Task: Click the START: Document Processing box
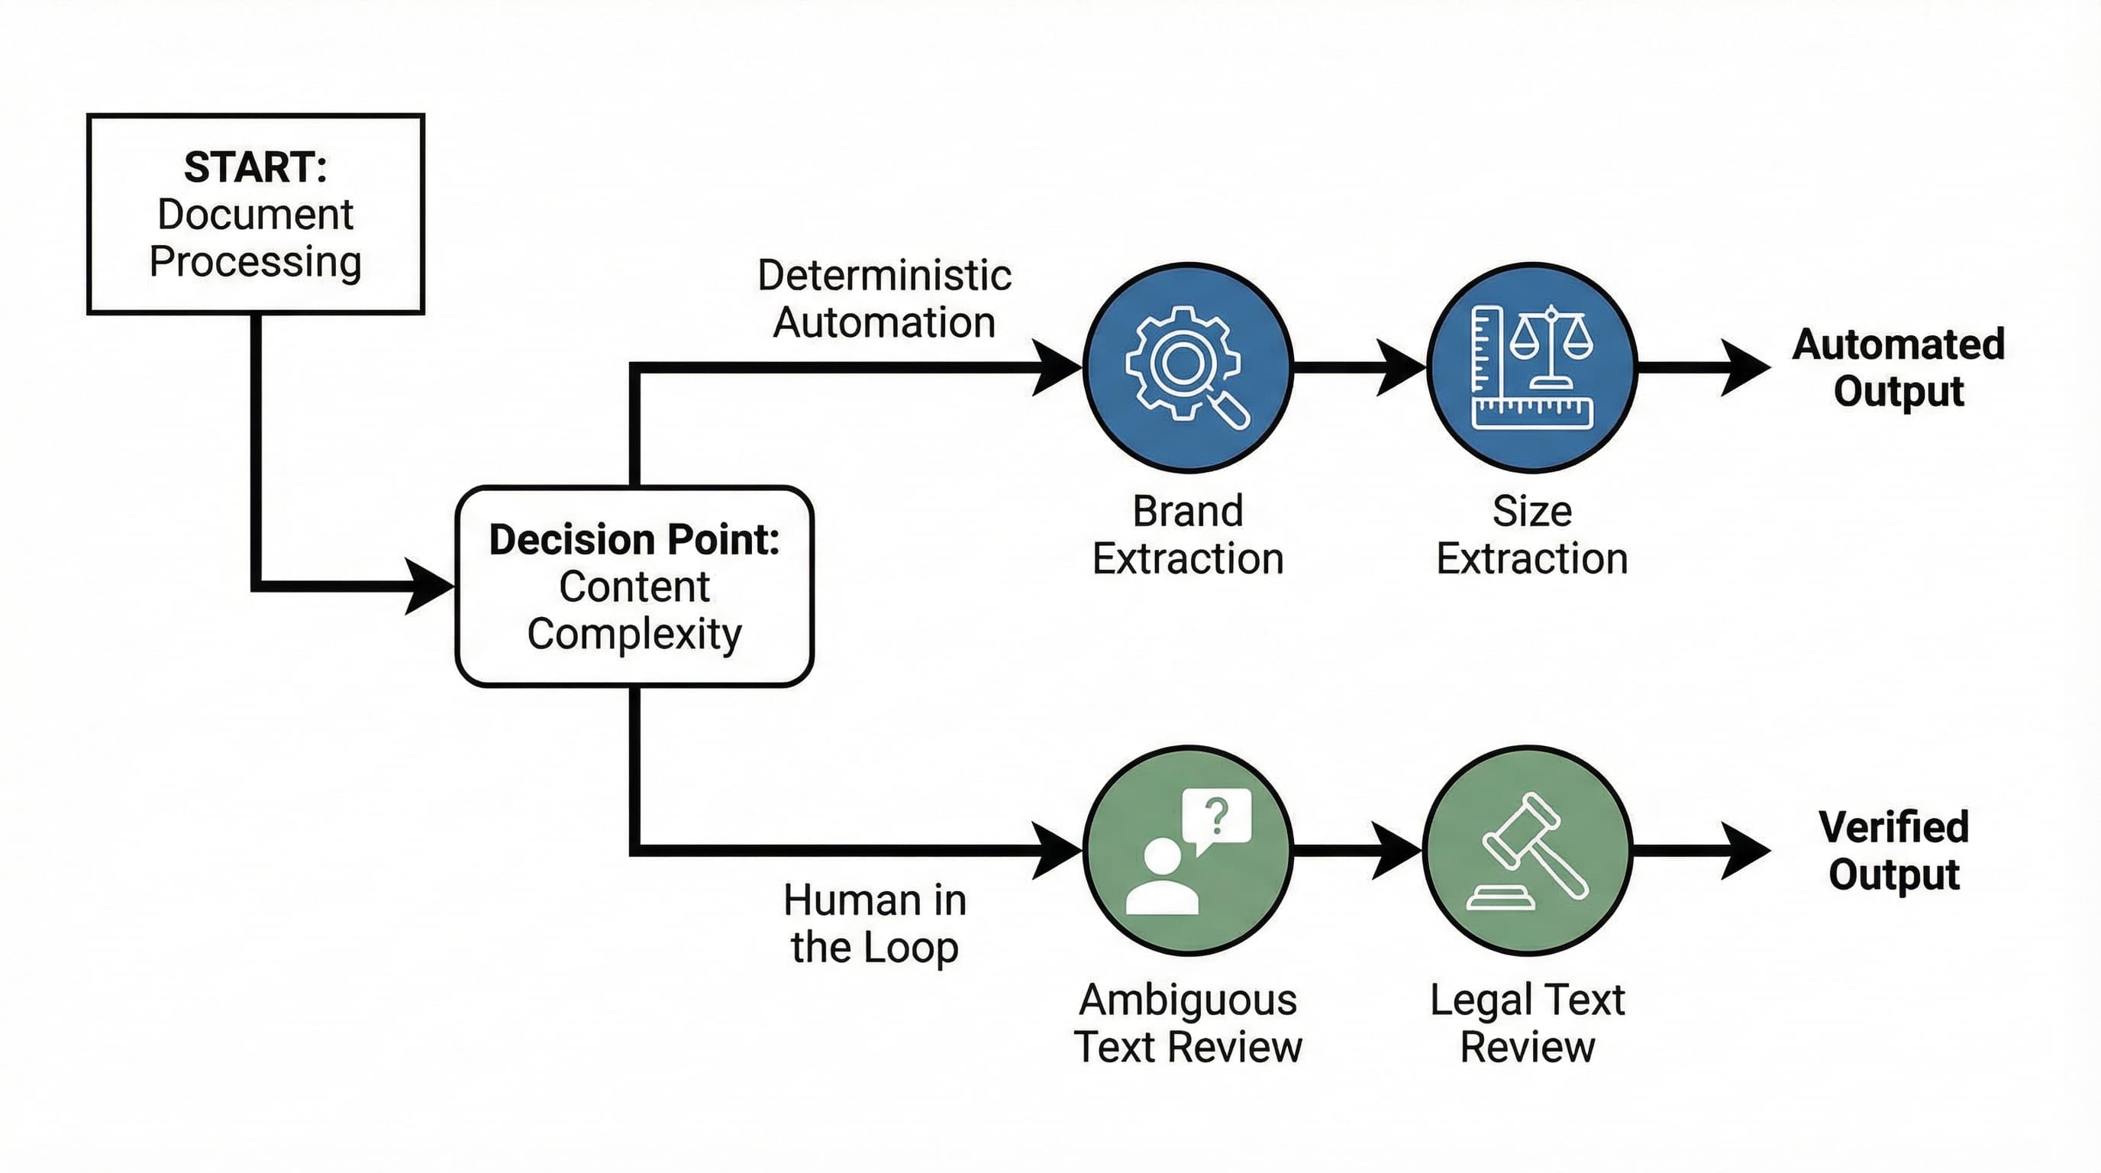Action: pos(255,214)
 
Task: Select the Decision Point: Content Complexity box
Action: pos(634,586)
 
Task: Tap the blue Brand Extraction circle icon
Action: pos(1187,367)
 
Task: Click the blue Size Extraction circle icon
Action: pos(1531,367)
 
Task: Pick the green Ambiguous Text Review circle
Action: pos(1187,850)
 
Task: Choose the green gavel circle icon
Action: pos(1528,850)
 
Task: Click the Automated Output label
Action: pos(1898,367)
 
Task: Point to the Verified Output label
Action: pos(1894,850)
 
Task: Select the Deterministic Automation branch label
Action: pos(884,299)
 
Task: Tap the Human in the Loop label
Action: pos(874,923)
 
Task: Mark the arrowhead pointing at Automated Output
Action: pos(1745,367)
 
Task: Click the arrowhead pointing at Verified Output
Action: pos(1745,850)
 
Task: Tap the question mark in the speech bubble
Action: pos(1216,816)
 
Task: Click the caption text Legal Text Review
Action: pos(1527,1023)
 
